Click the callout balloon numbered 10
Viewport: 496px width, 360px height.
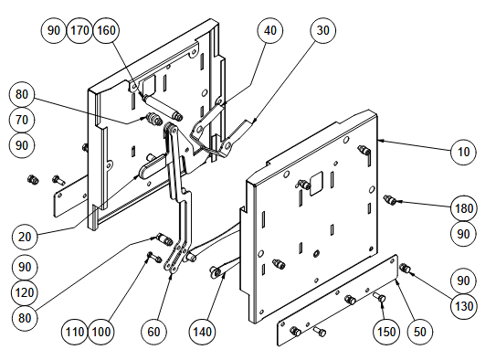click(x=463, y=153)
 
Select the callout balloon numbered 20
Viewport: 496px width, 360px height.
click(x=25, y=237)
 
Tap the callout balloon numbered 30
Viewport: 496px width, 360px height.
click(x=322, y=30)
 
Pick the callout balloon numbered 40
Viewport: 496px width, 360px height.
click(x=269, y=30)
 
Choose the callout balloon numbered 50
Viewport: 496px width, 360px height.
click(x=420, y=332)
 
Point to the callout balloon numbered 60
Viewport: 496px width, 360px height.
click(x=153, y=332)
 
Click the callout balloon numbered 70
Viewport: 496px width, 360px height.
click(x=22, y=120)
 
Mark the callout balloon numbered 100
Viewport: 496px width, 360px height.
click(x=100, y=332)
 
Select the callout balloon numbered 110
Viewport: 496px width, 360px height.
click(x=75, y=332)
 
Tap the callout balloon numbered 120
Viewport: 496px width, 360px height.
click(x=25, y=292)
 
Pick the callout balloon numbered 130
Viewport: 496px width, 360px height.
click(x=463, y=306)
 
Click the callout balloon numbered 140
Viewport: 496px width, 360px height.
click(x=202, y=332)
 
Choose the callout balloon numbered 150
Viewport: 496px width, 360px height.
click(x=386, y=332)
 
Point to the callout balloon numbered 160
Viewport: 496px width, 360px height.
click(x=106, y=30)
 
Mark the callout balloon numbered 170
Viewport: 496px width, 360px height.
click(x=80, y=30)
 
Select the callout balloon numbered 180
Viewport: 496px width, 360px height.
click(x=463, y=208)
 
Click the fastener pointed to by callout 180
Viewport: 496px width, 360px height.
click(x=390, y=200)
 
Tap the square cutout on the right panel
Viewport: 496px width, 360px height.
click(x=316, y=183)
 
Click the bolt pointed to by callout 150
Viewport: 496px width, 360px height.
click(x=380, y=297)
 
